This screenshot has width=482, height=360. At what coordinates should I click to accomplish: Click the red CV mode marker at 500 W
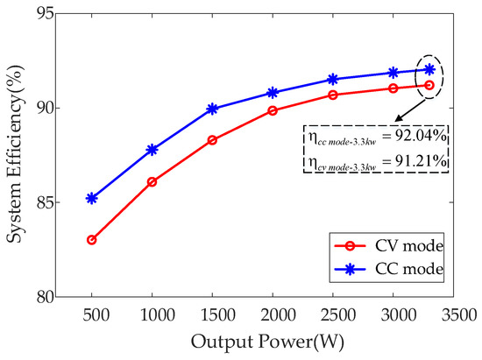coord(91,239)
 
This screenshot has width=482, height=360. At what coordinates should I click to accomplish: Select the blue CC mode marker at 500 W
coord(91,198)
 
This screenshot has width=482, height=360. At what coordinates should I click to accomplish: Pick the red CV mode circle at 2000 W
coord(273,110)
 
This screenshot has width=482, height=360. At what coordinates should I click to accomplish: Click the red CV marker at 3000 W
coord(393,88)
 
